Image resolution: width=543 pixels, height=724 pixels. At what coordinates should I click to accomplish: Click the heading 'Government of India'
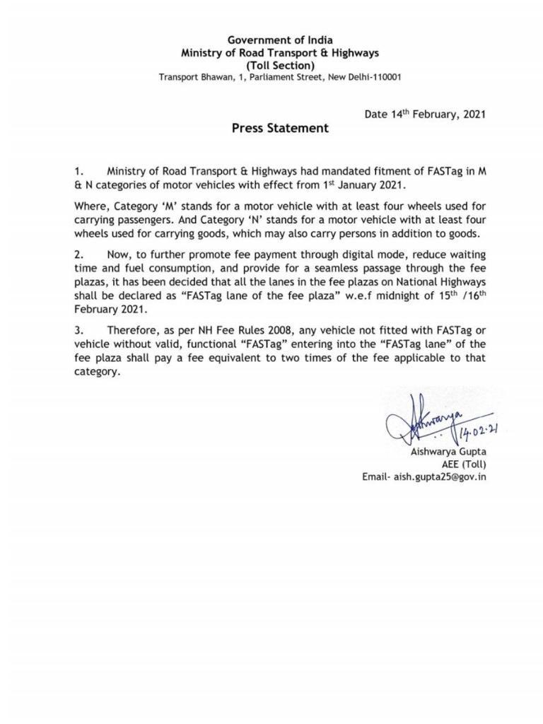[x=280, y=40]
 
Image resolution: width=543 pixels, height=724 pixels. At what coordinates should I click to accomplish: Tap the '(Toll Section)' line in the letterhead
[x=280, y=65]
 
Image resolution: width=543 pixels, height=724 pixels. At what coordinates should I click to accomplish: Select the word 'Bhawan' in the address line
[x=211, y=77]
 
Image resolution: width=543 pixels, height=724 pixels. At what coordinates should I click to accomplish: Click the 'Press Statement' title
[x=280, y=128]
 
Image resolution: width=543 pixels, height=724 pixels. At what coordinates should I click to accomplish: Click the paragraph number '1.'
[x=78, y=172]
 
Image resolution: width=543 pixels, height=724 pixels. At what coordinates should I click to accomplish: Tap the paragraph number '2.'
[x=78, y=255]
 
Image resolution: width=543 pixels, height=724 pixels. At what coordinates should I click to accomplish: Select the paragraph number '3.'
[x=78, y=331]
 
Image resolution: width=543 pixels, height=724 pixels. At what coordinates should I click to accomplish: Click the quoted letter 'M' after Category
[x=170, y=206]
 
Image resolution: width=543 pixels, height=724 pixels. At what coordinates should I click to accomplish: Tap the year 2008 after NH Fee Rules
[x=226, y=331]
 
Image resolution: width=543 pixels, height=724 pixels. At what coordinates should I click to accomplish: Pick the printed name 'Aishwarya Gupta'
[x=448, y=452]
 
